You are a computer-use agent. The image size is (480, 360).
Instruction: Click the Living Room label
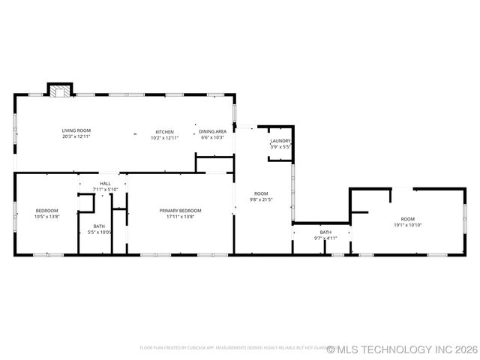click(x=76, y=131)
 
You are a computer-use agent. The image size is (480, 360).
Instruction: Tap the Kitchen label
click(x=165, y=132)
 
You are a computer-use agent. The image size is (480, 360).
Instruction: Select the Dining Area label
click(x=212, y=131)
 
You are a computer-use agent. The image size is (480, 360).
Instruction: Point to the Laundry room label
click(x=280, y=141)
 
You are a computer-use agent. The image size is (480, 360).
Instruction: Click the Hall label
click(x=105, y=184)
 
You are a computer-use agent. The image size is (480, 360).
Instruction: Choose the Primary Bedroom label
click(x=180, y=211)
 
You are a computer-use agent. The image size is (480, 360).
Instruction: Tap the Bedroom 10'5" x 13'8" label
click(x=46, y=211)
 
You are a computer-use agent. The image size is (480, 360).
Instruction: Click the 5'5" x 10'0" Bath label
click(x=100, y=226)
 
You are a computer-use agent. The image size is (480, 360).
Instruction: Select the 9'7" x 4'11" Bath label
click(x=325, y=232)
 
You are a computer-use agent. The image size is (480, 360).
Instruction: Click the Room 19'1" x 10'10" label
click(x=407, y=219)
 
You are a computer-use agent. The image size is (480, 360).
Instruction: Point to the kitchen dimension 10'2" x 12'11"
click(x=165, y=138)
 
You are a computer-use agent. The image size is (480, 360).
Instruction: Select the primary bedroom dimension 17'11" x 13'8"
click(x=180, y=217)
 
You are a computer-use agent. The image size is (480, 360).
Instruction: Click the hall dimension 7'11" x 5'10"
click(x=105, y=189)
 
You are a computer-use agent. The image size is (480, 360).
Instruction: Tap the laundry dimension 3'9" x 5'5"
click(x=280, y=147)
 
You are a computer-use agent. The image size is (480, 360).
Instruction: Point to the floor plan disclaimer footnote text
click(x=232, y=348)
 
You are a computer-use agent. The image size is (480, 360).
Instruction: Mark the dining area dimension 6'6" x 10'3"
click(x=212, y=137)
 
